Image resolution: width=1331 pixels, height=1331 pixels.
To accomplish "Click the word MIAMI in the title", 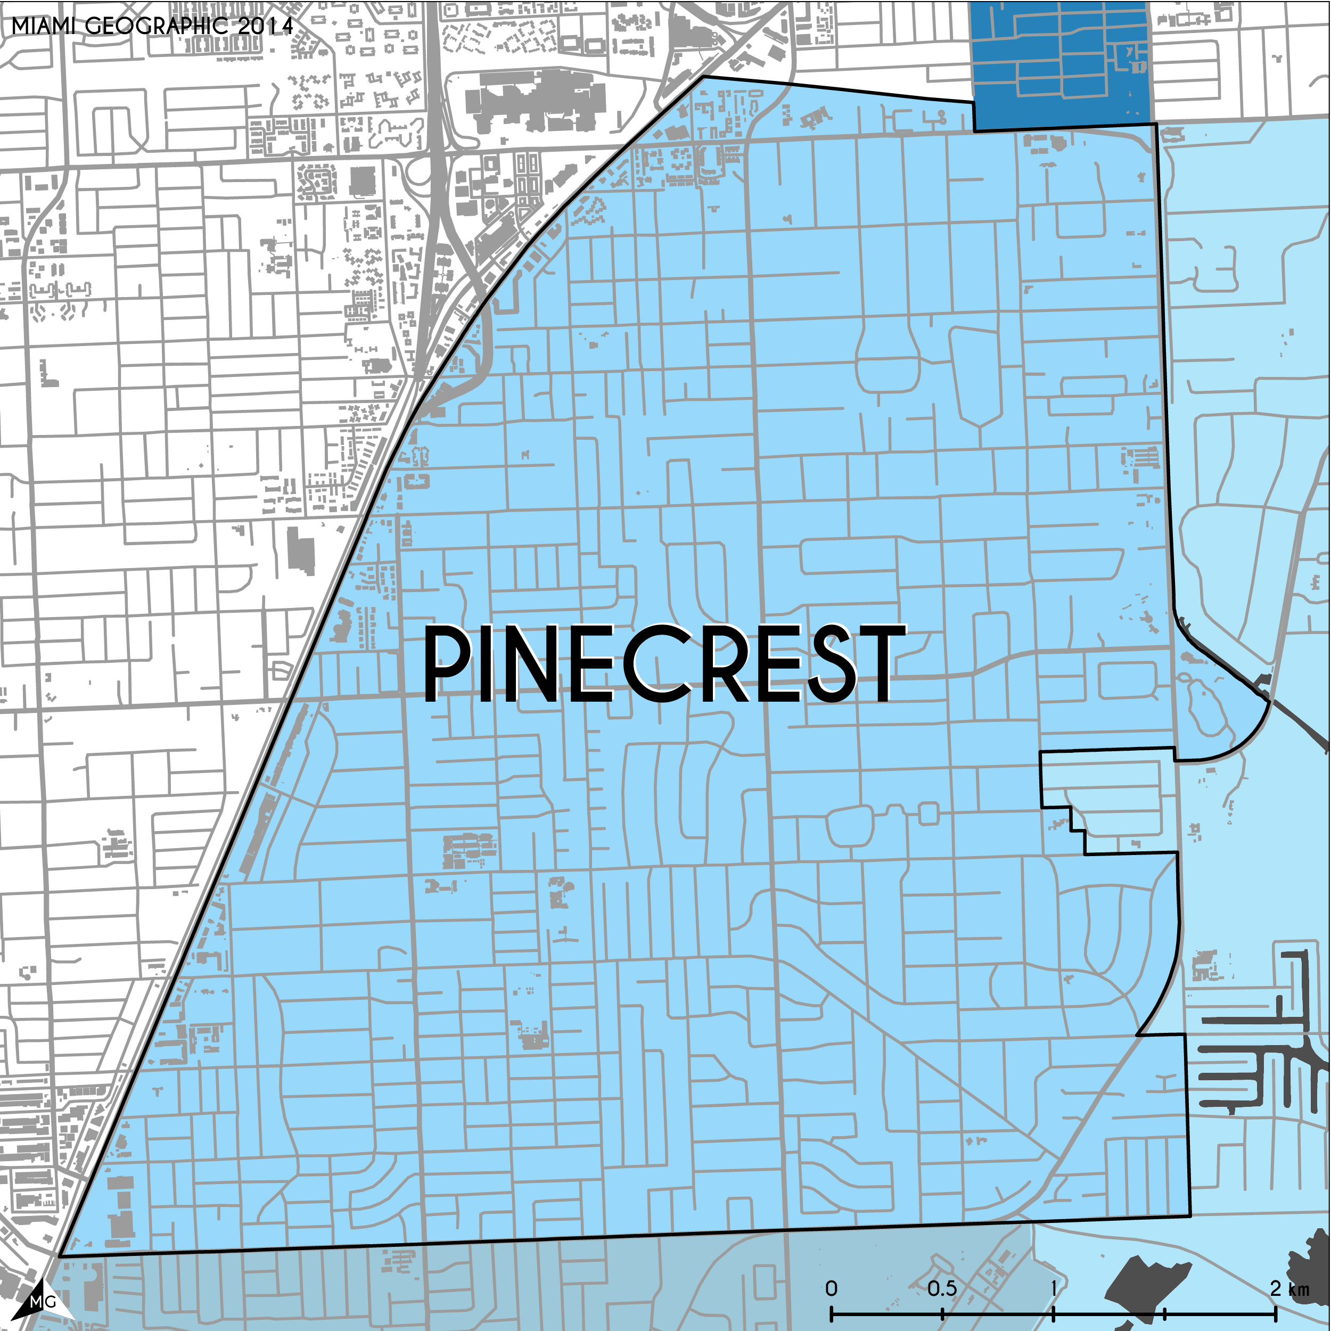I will coord(43,26).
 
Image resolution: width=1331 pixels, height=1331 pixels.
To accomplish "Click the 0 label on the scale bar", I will coord(832,1289).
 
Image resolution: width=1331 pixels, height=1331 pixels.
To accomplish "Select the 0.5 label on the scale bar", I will coord(942,1289).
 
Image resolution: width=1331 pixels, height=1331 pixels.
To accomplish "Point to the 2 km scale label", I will coord(1289,1289).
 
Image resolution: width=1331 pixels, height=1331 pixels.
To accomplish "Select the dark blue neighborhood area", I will coord(1061,65).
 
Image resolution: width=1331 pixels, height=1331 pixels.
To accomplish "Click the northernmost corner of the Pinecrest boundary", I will coord(703,77).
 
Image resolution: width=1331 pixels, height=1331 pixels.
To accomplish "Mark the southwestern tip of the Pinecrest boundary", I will coord(61,1256).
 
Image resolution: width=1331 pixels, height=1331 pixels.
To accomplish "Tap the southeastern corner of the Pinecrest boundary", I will coord(1190,1216).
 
